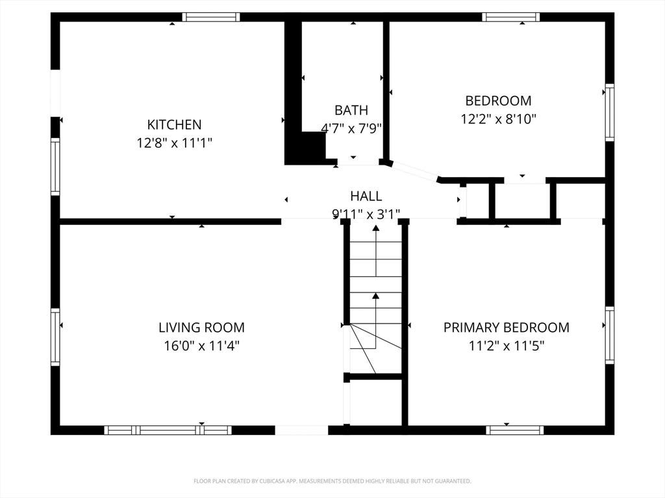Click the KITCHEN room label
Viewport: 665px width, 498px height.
(174, 124)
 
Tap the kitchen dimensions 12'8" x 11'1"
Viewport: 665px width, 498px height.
(174, 143)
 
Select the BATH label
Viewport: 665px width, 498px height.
(351, 110)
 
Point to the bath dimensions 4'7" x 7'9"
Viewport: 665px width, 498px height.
(351, 128)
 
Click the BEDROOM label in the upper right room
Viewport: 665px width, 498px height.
(498, 101)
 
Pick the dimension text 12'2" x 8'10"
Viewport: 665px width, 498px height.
(498, 119)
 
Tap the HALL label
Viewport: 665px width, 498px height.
(366, 196)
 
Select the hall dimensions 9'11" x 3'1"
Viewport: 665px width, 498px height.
(366, 213)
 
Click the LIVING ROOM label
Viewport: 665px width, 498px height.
(201, 327)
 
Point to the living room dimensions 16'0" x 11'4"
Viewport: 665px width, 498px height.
(201, 346)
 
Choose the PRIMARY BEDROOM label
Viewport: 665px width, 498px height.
(506, 327)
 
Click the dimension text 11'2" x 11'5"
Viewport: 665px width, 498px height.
(506, 346)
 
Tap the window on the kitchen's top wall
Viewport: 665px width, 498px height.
(211, 18)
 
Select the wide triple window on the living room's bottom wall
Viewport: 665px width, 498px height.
(168, 430)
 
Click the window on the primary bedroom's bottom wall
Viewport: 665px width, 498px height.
(514, 430)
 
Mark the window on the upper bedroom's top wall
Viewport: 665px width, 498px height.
(510, 18)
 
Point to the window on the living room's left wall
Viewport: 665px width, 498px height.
(55, 337)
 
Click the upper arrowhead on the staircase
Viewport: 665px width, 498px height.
(375, 228)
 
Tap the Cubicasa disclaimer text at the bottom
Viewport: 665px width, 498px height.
(332, 481)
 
